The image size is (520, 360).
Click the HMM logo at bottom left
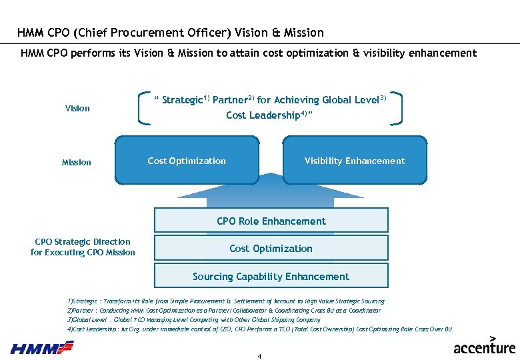coord(42,347)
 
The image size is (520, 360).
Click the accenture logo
coord(485,346)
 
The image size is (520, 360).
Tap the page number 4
coord(259,356)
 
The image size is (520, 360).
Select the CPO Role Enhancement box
coord(271,221)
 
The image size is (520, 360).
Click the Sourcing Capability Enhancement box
coord(271,276)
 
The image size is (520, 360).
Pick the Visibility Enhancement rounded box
coord(354,161)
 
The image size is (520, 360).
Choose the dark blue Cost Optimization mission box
coord(187,161)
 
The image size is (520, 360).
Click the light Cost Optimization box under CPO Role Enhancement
coord(271,248)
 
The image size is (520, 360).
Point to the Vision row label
coord(77,108)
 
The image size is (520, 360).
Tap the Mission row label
coord(77,162)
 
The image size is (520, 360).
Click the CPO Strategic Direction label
coord(83,247)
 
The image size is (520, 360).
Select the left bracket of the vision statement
coord(143,107)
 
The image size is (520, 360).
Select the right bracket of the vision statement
coord(398,107)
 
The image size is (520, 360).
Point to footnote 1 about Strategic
coord(226,301)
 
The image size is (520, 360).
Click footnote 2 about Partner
coord(224,311)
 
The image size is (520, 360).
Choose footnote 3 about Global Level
coord(194,320)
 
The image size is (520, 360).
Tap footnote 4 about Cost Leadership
coord(259,329)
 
